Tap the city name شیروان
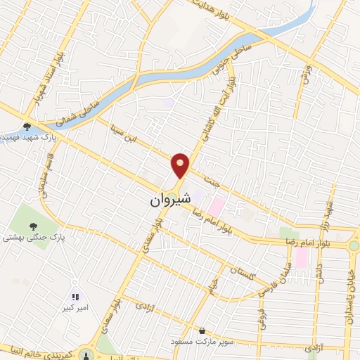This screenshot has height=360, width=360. (x=169, y=200)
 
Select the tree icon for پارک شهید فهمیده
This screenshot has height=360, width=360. (x=27, y=127)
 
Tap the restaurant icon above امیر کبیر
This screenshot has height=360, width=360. (x=76, y=297)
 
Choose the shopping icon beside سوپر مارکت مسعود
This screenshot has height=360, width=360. (x=202, y=330)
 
